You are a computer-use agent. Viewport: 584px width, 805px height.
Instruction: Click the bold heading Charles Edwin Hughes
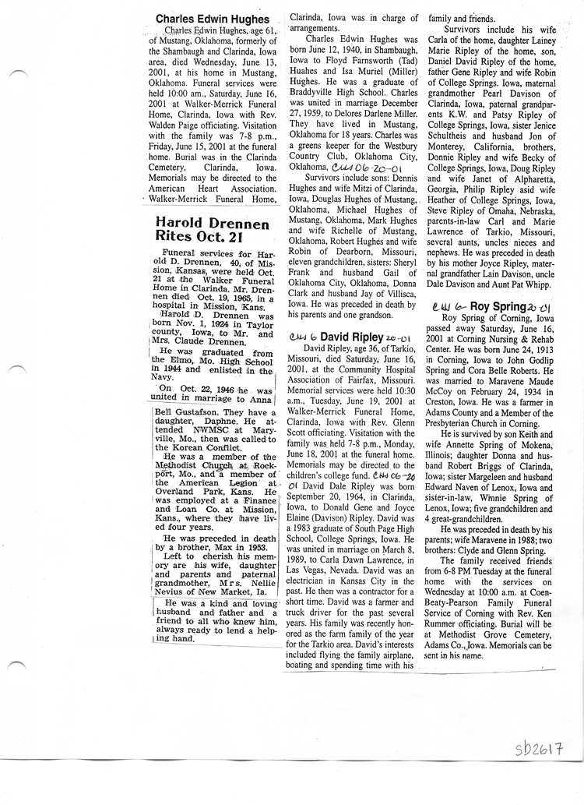click(x=212, y=19)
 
